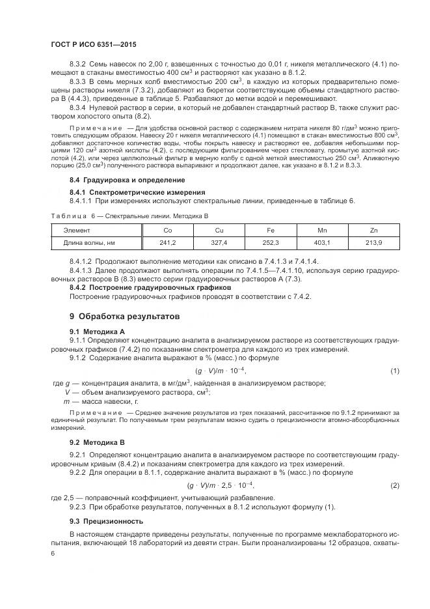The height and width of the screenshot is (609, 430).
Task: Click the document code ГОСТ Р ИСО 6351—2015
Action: [x=94, y=44]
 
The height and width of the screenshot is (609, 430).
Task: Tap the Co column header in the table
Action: [x=167, y=231]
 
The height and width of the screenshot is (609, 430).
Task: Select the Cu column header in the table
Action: [x=219, y=231]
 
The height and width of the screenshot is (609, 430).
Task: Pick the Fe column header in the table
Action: [x=271, y=231]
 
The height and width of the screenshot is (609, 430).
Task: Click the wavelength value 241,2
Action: [x=167, y=242]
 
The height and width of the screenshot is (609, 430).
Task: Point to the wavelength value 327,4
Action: [x=219, y=242]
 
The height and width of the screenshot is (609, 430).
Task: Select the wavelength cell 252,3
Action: [x=271, y=242]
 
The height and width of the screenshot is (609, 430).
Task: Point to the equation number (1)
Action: [x=394, y=371]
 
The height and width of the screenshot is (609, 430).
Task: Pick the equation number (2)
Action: [x=394, y=486]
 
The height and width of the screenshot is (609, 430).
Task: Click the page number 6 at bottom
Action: [x=53, y=553]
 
